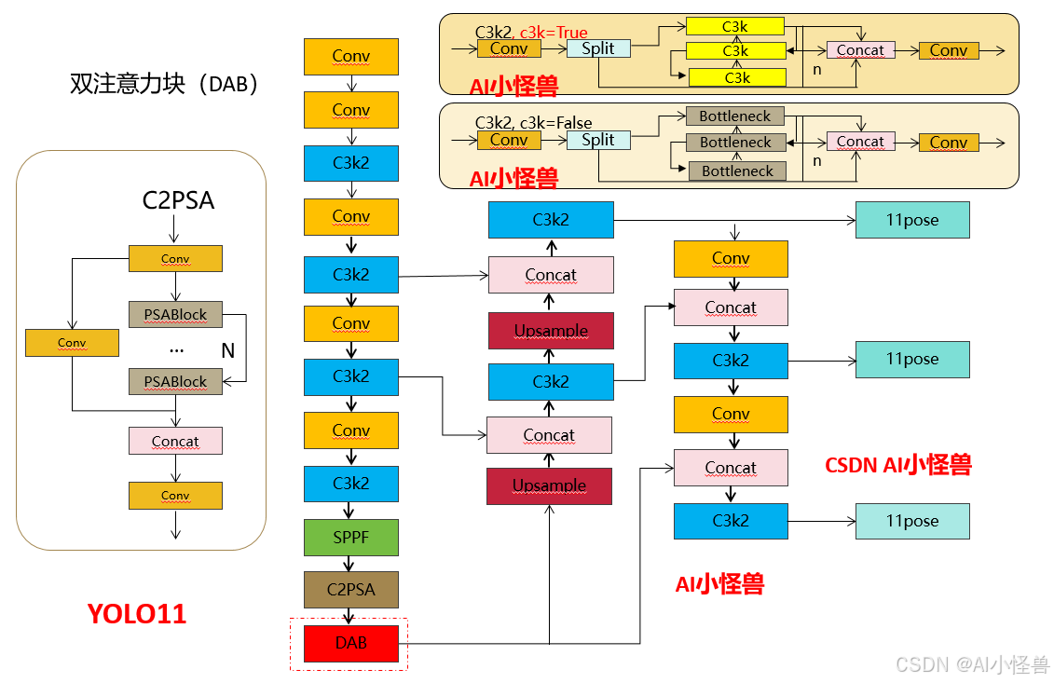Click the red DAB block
tap(351, 643)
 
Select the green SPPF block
tap(351, 538)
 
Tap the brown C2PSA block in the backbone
tap(351, 590)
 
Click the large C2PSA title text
tap(178, 200)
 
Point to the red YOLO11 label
tap(137, 614)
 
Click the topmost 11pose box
tap(912, 220)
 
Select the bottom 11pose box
tap(912, 521)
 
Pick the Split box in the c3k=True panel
tap(597, 48)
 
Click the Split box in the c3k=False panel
tap(597, 140)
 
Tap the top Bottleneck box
tap(735, 116)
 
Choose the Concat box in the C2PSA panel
tap(175, 441)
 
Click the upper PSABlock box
tap(175, 314)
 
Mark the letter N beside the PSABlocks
tap(227, 350)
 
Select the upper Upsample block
tap(551, 331)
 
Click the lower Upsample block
tap(549, 485)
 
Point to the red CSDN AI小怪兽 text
tap(898, 465)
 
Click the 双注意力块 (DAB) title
tap(164, 84)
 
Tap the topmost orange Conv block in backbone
tap(351, 57)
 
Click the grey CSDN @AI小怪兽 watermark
tap(972, 664)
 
